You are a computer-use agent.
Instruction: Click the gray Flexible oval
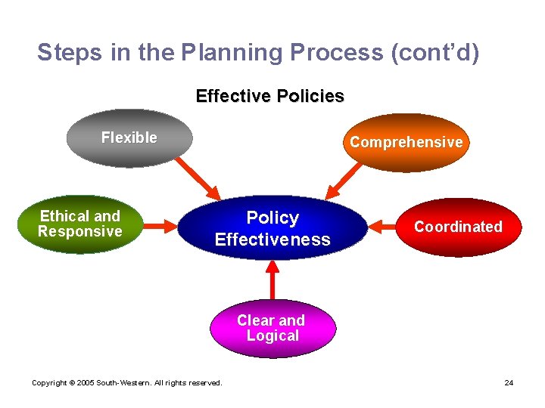pyautogui.click(x=129, y=138)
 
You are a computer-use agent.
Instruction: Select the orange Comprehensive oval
pyautogui.click(x=406, y=143)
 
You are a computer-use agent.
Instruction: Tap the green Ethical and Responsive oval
pyautogui.click(x=80, y=224)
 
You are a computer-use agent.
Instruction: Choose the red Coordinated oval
pyautogui.click(x=458, y=227)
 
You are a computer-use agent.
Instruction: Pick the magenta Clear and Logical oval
pyautogui.click(x=272, y=329)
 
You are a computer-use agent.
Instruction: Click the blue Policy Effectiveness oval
pyautogui.click(x=272, y=228)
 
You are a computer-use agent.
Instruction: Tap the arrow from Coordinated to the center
pyautogui.click(x=385, y=225)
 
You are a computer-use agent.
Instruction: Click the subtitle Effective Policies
pyautogui.click(x=269, y=97)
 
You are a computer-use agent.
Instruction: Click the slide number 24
pyautogui.click(x=509, y=383)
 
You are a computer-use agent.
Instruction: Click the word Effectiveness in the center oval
pyautogui.click(x=272, y=240)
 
